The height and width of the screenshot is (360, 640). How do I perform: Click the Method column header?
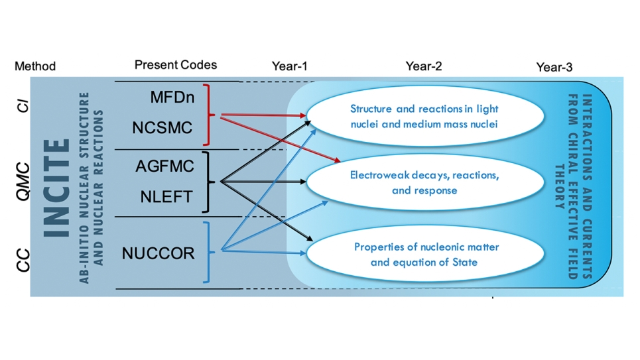coord(35,66)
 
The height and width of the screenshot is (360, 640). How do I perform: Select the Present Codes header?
coord(176,65)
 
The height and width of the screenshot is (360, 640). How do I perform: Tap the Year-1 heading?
coord(289,66)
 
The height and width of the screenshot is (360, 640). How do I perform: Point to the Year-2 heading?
coord(424,66)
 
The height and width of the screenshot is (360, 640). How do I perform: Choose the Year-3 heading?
coord(554,67)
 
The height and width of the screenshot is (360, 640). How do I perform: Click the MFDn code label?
coord(172,97)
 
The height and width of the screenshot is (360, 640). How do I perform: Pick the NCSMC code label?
coord(162,128)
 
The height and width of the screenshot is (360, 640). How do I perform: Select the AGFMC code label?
coord(165,166)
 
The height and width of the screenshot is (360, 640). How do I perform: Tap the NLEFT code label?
coord(166,197)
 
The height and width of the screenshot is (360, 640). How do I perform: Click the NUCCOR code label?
coord(159,253)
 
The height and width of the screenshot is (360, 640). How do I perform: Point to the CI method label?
coord(23,105)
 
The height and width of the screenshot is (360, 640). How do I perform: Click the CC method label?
coord(23,261)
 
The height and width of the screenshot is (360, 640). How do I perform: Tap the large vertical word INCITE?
coord(57,188)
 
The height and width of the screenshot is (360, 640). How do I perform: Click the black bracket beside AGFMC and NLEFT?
coord(208,182)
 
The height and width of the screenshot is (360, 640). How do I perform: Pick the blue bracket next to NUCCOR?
coord(209,252)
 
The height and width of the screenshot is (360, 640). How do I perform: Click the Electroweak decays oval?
coord(425,182)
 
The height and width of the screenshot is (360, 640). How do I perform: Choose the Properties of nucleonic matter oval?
coord(425,254)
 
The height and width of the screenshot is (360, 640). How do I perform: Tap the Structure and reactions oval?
coord(425,116)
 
